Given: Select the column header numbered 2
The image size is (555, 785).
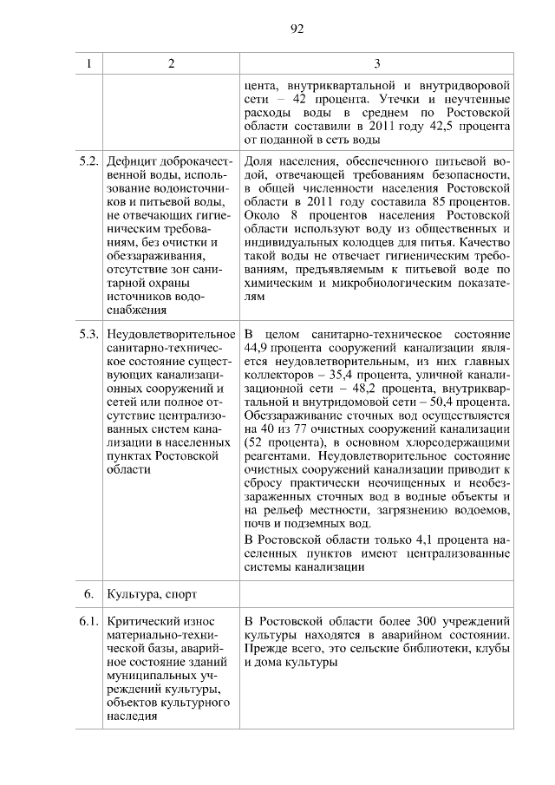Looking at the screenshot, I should [171, 63].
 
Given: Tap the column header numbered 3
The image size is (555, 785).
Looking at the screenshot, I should [377, 63].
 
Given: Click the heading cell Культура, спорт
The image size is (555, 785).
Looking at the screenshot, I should [152, 595].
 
